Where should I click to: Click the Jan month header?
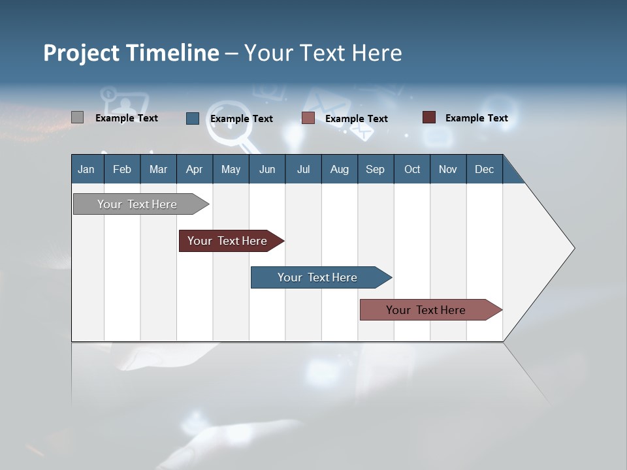coord(86,169)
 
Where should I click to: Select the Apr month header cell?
coord(195,169)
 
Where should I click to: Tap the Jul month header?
coord(303,169)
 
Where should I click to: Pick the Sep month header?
coord(375,169)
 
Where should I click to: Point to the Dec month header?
coord(484,169)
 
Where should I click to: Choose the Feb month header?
coord(122,169)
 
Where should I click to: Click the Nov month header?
coord(448,169)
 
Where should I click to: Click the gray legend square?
coord(77,117)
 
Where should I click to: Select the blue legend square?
coord(193,118)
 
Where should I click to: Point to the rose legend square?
coord(308,118)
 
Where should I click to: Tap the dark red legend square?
coord(428,117)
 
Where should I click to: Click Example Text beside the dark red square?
coord(476,118)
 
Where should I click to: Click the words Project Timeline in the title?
coord(131,53)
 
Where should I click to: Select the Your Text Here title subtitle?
coord(323,53)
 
